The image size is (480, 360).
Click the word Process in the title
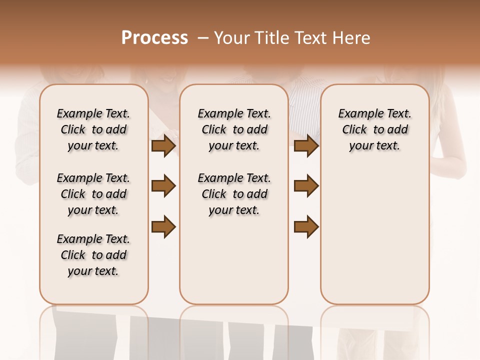[154, 38]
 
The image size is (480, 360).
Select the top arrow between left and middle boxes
[163, 145]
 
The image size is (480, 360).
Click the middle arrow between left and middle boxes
[163, 186]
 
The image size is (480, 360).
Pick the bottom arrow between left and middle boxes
[163, 226]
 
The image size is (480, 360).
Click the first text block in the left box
[93, 129]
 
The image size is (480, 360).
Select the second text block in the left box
[93, 194]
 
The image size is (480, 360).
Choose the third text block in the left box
[93, 255]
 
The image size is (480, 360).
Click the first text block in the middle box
[234, 129]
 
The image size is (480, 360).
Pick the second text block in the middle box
[234, 194]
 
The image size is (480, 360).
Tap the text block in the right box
[374, 129]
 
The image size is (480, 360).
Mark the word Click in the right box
[354, 130]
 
